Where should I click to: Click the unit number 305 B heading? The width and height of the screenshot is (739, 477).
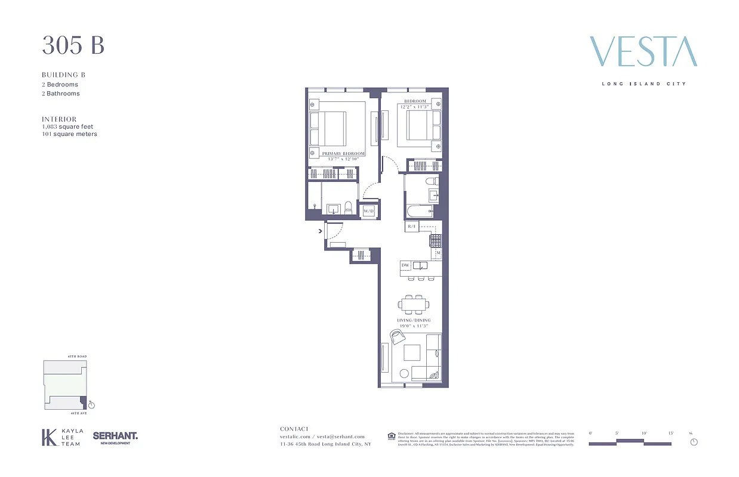[73, 46]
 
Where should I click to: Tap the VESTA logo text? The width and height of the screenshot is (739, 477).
[643, 52]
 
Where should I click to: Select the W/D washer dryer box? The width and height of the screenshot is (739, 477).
[368, 210]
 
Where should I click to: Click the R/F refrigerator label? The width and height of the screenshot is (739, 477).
[411, 227]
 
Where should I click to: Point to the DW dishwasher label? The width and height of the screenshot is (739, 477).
[405, 265]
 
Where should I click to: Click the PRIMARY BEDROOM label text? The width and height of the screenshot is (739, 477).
[343, 154]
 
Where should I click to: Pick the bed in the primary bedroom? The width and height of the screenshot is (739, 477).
[328, 129]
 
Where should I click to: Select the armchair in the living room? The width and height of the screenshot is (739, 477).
[397, 337]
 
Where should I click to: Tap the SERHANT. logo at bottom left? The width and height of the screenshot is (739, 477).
[115, 437]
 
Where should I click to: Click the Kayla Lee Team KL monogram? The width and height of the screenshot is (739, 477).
[48, 438]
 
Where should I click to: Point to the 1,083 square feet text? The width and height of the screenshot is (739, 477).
[67, 126]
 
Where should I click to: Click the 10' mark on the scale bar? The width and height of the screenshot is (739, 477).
[644, 433]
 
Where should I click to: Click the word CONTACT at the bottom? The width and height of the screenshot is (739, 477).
[294, 429]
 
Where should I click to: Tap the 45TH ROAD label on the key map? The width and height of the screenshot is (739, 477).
[78, 357]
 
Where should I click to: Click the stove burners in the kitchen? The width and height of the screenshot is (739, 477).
[436, 240]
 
